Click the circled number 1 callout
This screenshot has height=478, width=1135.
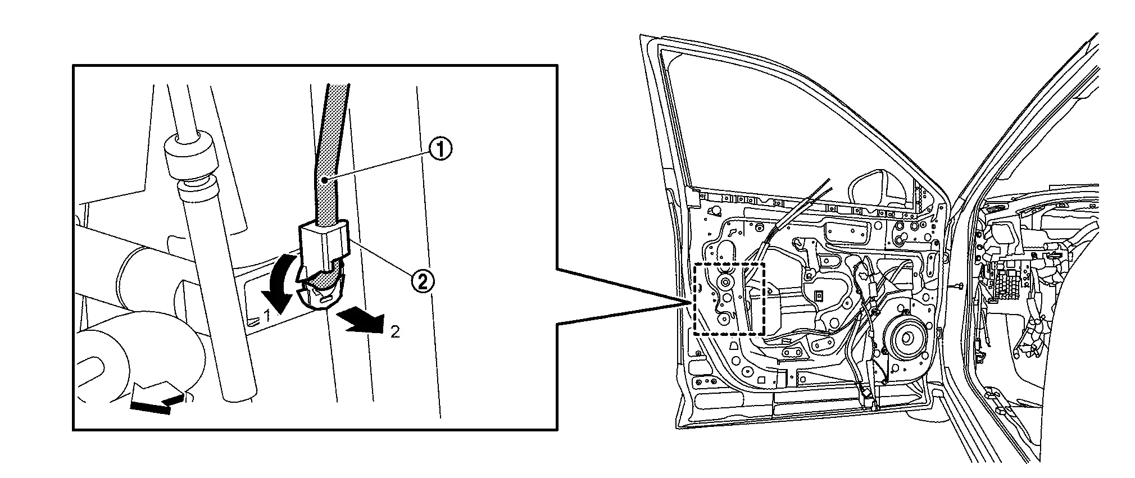click(x=440, y=149)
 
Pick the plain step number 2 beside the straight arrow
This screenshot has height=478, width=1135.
click(x=395, y=332)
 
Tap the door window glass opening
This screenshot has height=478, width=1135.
click(x=787, y=124)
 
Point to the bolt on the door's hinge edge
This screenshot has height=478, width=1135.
click(x=956, y=286)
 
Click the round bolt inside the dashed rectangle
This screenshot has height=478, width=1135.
click(x=725, y=283)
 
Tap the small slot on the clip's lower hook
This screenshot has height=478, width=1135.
click(x=323, y=301)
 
